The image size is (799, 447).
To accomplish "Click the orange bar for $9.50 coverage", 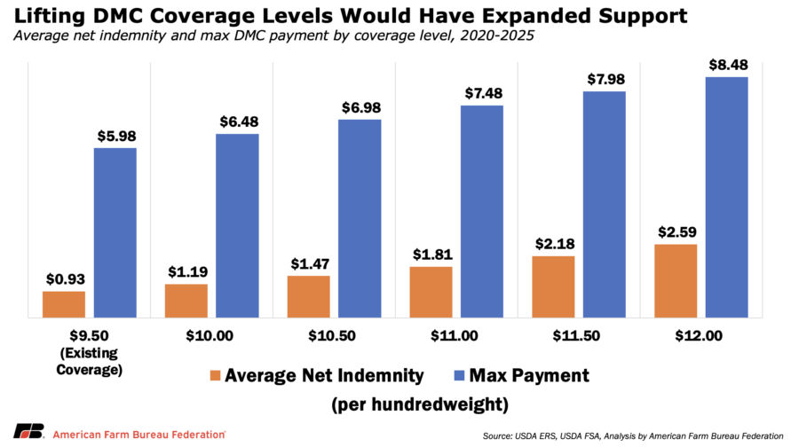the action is point(64,304).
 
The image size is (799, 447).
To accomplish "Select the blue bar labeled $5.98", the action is point(115,232).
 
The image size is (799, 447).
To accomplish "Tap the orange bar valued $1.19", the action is point(186,301).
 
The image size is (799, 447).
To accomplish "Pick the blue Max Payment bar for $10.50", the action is point(360,218).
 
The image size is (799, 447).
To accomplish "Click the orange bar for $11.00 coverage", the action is point(431,292).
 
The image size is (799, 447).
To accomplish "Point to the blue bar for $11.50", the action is point(605,205).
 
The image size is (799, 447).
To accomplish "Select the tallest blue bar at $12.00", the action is point(726,198).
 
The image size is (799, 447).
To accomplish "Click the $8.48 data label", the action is point(729,65).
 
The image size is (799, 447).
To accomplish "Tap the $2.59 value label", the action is point(677,232).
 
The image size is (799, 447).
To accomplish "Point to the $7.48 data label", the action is point(484,93).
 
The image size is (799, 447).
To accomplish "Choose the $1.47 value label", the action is point(310,263).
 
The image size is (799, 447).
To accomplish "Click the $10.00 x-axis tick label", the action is point(210,336).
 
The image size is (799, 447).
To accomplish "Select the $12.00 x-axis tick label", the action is point(699,336).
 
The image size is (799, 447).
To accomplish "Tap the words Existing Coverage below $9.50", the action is point(89,361).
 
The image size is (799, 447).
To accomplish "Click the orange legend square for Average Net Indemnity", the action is point(215,376).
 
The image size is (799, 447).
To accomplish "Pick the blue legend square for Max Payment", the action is point(459,376).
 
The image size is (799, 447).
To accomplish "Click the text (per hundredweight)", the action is point(420,404).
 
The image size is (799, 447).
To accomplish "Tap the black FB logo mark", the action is point(28,431).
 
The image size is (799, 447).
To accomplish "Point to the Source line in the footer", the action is point(633,435).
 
